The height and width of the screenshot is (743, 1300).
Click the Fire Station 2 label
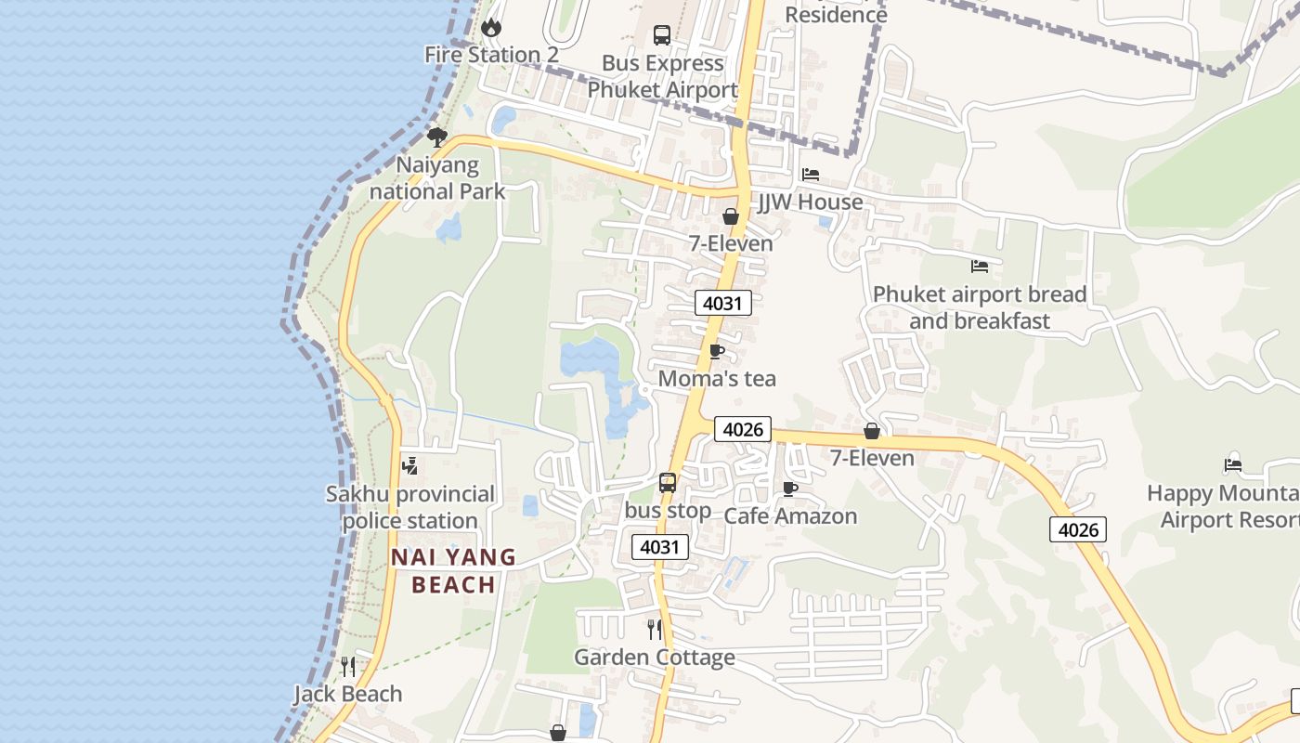[x=491, y=55]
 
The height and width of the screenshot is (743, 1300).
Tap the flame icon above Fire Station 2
[x=491, y=28]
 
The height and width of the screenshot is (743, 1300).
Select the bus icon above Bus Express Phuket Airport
[x=662, y=35]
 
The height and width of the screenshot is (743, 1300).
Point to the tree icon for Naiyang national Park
[x=436, y=137]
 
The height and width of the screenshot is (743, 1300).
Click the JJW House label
[x=811, y=202]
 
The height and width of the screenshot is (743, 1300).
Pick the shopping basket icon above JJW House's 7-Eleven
[x=731, y=216]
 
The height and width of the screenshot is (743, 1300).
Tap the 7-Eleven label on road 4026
[x=872, y=458]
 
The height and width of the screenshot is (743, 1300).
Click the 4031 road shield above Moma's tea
[x=722, y=304]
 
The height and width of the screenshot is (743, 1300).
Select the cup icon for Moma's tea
[x=716, y=351]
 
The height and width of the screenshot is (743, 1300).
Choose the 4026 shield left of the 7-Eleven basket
[x=743, y=429]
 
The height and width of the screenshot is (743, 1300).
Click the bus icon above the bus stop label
[x=668, y=483]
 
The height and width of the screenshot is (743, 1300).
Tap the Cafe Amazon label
[x=790, y=516]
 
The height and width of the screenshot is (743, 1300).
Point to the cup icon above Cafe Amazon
[x=790, y=489]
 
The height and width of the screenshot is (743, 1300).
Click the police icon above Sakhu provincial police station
[x=409, y=466]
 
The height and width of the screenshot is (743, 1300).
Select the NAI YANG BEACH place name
[x=453, y=570]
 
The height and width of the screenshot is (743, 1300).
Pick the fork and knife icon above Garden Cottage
[x=655, y=630]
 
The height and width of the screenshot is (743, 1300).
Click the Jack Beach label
[x=348, y=694]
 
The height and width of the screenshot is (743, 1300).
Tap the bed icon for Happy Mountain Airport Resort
[x=1233, y=464]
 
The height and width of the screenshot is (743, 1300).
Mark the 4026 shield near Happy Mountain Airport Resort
[x=1078, y=529]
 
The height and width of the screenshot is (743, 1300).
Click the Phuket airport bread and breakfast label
[x=980, y=307]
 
